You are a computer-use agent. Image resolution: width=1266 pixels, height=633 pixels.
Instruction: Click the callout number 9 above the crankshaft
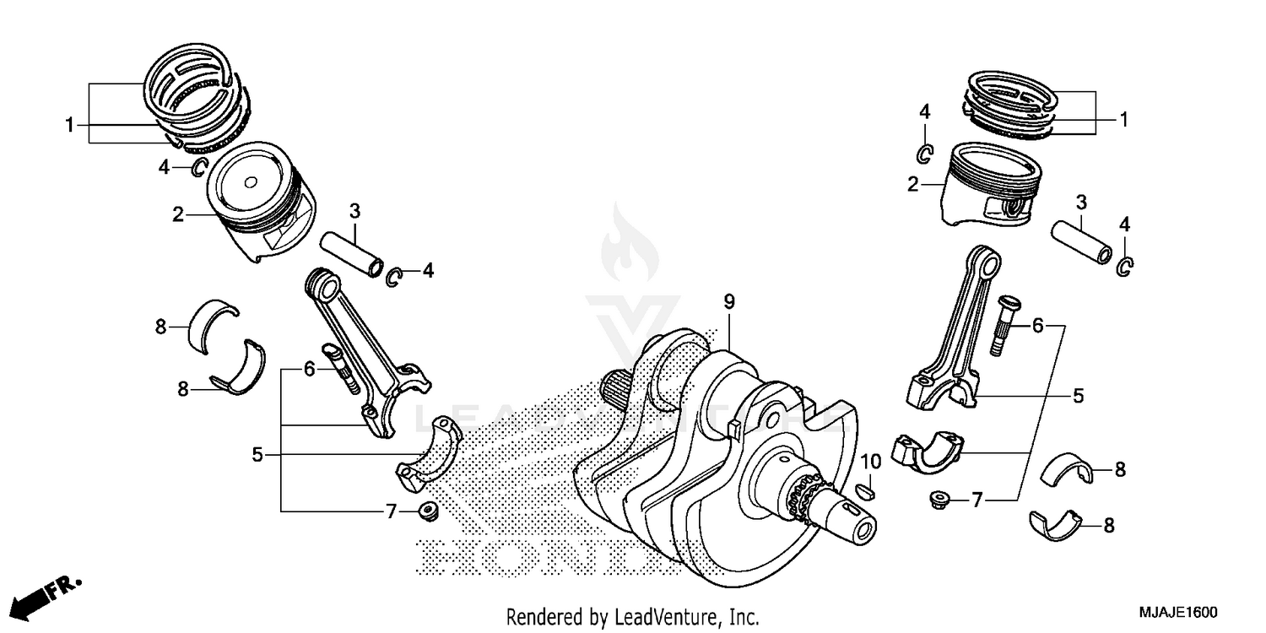[x=729, y=301]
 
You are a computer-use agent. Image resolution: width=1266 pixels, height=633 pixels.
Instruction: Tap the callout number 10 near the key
[x=871, y=462]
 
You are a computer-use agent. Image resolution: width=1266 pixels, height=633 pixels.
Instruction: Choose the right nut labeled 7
[x=939, y=500]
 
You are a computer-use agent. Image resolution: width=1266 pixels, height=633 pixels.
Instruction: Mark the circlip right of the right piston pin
[x=1125, y=266]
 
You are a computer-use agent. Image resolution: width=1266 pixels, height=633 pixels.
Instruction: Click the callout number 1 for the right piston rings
[x=1123, y=120]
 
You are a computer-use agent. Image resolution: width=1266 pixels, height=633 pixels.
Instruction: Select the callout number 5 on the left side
[x=257, y=455]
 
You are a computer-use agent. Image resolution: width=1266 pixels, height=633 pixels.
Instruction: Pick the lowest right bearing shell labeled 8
[x=1056, y=524]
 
